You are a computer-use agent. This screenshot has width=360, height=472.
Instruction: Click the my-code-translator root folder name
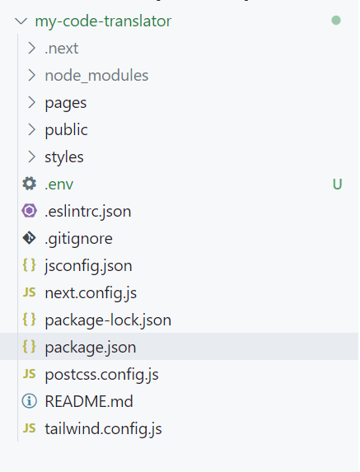103,21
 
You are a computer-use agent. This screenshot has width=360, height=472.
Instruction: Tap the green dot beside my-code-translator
336,21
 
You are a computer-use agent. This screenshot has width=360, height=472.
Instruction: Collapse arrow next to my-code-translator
21,21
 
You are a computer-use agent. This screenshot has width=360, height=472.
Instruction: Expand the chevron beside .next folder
31,48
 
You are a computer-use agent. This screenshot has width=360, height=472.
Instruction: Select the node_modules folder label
96,75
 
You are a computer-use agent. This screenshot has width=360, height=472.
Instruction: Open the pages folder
66,103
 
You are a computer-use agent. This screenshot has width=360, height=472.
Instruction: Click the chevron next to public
31,130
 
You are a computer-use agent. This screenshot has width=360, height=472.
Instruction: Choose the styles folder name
64,157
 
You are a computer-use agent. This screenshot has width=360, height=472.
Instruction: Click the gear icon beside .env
29,184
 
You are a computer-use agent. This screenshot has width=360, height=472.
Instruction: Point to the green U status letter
337,185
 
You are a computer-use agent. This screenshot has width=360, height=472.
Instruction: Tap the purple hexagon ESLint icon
29,211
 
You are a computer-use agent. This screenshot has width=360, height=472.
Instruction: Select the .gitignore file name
78,239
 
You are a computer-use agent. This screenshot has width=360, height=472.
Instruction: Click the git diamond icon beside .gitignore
29,238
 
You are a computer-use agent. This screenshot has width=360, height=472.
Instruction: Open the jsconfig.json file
88,266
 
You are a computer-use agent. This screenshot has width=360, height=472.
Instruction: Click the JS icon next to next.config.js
29,292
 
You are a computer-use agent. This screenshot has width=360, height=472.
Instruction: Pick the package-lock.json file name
108,320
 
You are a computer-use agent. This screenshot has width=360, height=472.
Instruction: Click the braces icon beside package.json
29,347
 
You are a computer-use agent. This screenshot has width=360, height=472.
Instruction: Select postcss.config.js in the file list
102,375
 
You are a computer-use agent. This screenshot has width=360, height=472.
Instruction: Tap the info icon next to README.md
29,401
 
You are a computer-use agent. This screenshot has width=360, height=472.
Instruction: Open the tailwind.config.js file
103,429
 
